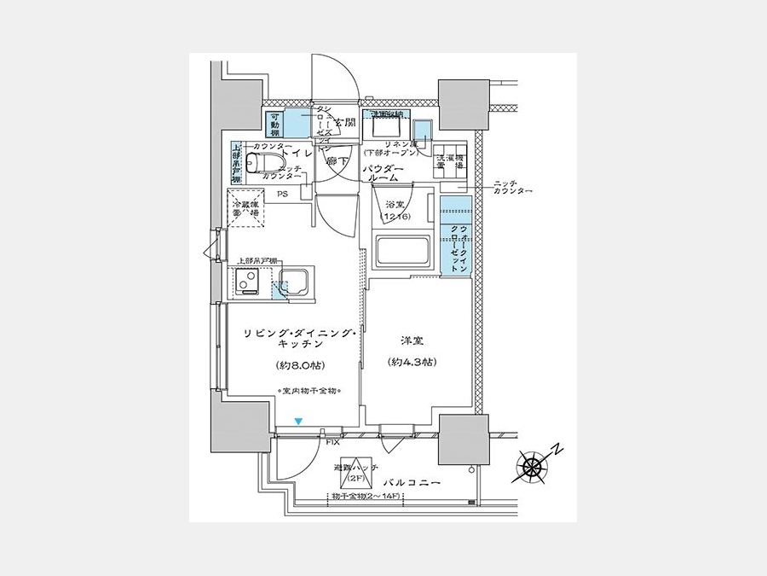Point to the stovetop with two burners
[x=248, y=279]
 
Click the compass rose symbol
[x=534, y=466]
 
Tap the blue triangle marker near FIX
[x=298, y=421]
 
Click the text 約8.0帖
[x=298, y=366]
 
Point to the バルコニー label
[x=412, y=484]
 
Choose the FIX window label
[x=332, y=442]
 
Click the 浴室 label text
[x=394, y=205]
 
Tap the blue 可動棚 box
[x=275, y=125]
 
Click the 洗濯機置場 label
[x=450, y=163]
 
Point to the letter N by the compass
[x=555, y=449]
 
